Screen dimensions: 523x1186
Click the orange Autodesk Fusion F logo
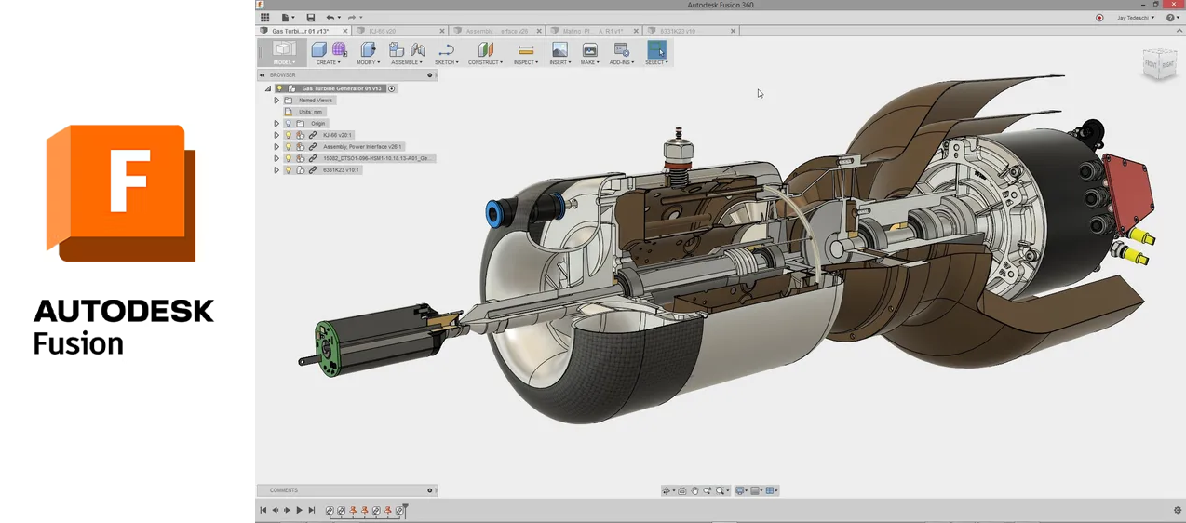click(121, 193)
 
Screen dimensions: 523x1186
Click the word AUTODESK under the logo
click(124, 311)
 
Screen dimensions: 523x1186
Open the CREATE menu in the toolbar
click(327, 52)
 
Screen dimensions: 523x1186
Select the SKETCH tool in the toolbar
click(446, 52)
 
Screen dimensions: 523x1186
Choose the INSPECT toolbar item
click(525, 52)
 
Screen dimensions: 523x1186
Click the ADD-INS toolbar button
click(621, 52)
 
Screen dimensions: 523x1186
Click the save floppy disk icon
click(311, 18)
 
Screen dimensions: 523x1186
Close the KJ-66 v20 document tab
click(442, 31)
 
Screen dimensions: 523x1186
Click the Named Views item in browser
click(316, 101)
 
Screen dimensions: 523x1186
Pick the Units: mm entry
click(311, 112)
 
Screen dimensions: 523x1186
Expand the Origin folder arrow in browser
click(276, 124)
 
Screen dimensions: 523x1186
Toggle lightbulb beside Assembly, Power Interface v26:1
click(288, 147)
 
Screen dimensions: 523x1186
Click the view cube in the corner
click(1160, 64)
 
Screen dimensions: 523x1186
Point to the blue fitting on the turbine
click(495, 213)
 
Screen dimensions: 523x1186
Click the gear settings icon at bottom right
click(1177, 510)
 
